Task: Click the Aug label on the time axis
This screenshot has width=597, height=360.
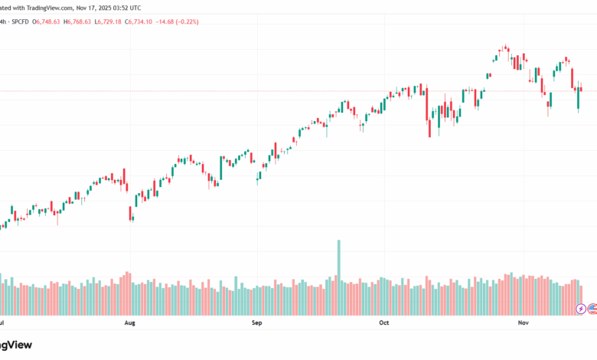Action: coord(129,323)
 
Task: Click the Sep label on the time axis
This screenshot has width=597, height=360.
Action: coord(257,323)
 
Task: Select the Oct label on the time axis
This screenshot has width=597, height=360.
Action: coord(384,323)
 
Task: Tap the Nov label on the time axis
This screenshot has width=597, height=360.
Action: coord(524,323)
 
